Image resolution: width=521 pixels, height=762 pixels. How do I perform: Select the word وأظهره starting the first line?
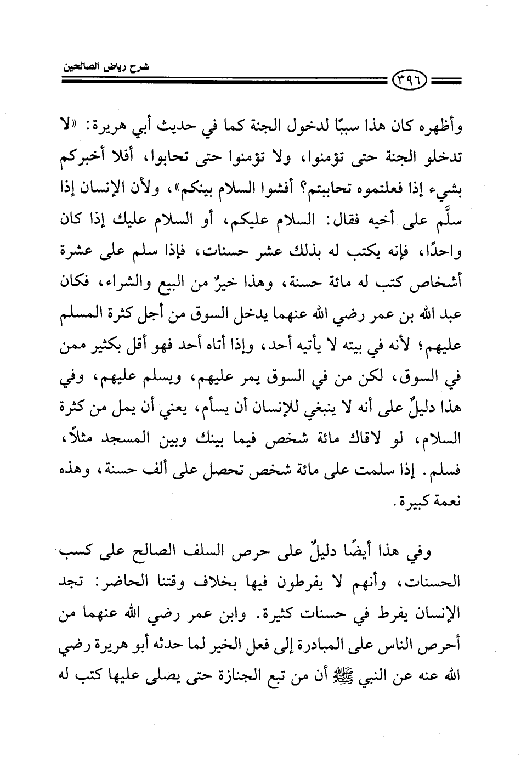tap(438, 131)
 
